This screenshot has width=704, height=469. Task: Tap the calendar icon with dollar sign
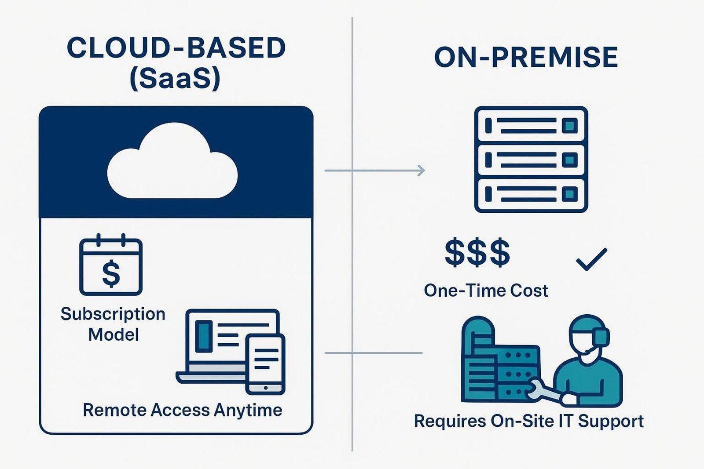click(x=111, y=266)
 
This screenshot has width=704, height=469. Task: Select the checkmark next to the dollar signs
click(x=591, y=259)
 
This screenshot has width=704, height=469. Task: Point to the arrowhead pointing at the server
click(x=422, y=171)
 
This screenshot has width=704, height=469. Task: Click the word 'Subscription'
click(x=113, y=314)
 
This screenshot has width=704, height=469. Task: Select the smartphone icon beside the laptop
click(x=265, y=364)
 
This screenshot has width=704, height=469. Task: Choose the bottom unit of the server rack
click(x=531, y=194)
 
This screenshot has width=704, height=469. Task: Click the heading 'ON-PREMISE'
click(x=526, y=58)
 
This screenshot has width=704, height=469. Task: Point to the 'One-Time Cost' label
click(x=486, y=291)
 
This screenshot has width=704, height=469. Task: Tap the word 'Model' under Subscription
click(x=114, y=334)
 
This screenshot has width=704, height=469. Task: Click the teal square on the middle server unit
click(x=570, y=160)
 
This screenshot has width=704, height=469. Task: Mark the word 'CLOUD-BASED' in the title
click(x=176, y=48)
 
